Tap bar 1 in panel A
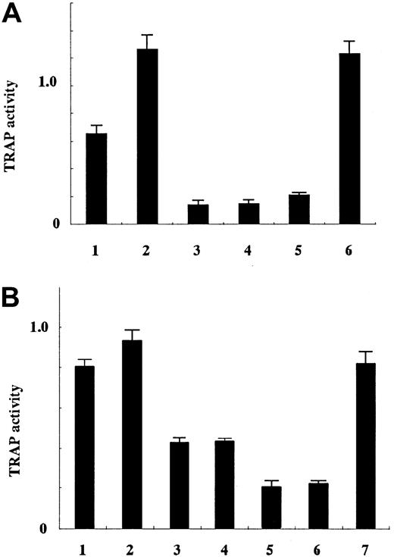[96, 179]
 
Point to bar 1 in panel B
[85, 447]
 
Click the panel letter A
[13, 15]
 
